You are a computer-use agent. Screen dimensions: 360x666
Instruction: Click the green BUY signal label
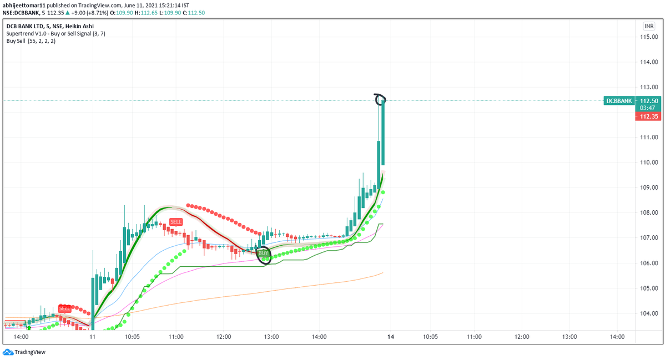coord(264,253)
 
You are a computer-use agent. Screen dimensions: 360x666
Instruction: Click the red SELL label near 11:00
coord(176,221)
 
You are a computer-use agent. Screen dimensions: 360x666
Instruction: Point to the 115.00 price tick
coord(648,37)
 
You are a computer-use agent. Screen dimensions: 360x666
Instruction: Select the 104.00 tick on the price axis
coord(648,313)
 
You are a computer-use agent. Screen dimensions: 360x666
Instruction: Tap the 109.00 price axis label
coord(648,188)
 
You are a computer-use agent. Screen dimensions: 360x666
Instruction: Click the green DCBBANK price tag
coord(619,101)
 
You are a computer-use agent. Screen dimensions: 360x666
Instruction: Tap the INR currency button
coord(648,26)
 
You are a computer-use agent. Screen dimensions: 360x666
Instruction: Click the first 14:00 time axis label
coord(21,337)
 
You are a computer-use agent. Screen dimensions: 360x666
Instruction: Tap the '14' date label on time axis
coord(391,337)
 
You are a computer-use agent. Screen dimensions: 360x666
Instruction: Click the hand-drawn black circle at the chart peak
coord(380,99)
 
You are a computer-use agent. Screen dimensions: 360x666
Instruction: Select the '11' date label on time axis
coord(92,337)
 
